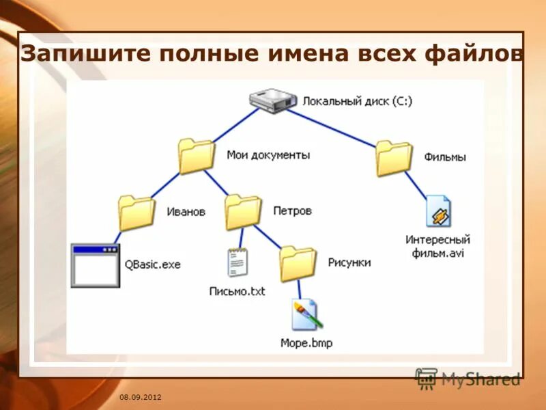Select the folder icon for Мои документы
click(x=195, y=156)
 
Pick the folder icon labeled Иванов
click(x=136, y=213)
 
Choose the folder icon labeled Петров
click(x=243, y=212)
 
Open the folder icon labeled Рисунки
click(x=298, y=263)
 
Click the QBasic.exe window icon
click(x=95, y=265)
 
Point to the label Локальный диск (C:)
click(x=358, y=101)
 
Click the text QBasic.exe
click(x=152, y=264)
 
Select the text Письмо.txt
click(x=237, y=292)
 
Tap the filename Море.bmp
click(x=306, y=343)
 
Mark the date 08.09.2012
click(x=141, y=397)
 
